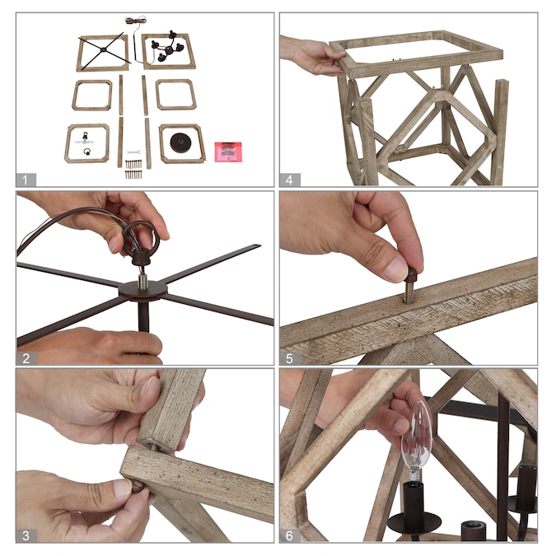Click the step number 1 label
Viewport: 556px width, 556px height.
(25, 180)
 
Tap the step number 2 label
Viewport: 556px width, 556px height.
(26, 358)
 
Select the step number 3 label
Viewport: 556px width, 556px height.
(26, 535)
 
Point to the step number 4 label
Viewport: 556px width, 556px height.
(289, 180)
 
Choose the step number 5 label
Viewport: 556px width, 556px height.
(289, 358)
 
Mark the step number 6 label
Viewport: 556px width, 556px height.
(289, 535)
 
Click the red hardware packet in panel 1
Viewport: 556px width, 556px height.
(228, 152)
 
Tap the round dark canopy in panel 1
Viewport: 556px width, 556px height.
(180, 143)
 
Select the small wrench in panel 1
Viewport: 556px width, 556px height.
(133, 152)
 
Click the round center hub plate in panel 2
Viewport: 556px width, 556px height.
(143, 291)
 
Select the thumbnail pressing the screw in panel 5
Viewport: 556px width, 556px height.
(395, 269)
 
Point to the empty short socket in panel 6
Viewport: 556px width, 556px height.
(474, 530)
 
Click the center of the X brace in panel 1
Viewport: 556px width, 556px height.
(103, 49)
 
